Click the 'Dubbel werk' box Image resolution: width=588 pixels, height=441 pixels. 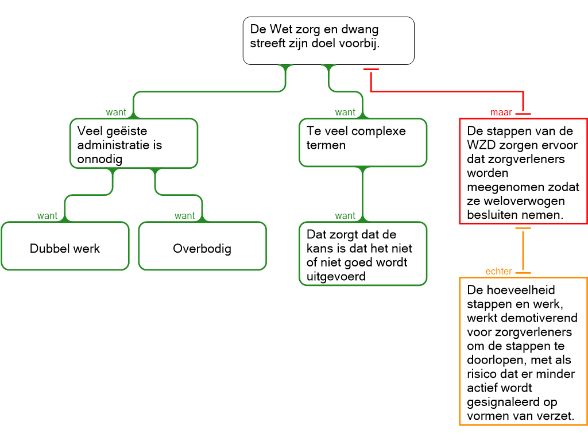click(65, 249)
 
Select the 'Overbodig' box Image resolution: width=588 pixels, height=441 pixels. click(202, 249)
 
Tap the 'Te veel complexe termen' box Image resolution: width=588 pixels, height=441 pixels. click(363, 142)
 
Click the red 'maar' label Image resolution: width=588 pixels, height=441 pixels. click(501, 113)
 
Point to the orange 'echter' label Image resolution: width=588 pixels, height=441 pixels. click(498, 272)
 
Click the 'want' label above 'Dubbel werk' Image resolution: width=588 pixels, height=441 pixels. click(47, 216)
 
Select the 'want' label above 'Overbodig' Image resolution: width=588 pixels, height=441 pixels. click(184, 216)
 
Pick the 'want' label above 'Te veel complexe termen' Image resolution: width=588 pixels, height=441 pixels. click(345, 113)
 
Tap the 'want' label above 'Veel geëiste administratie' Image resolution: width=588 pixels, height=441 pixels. click(115, 113)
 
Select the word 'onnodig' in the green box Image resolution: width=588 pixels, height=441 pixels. click(100, 159)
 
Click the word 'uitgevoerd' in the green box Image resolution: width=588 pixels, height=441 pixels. click(333, 277)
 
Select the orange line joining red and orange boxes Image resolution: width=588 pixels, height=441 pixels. click(523, 250)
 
